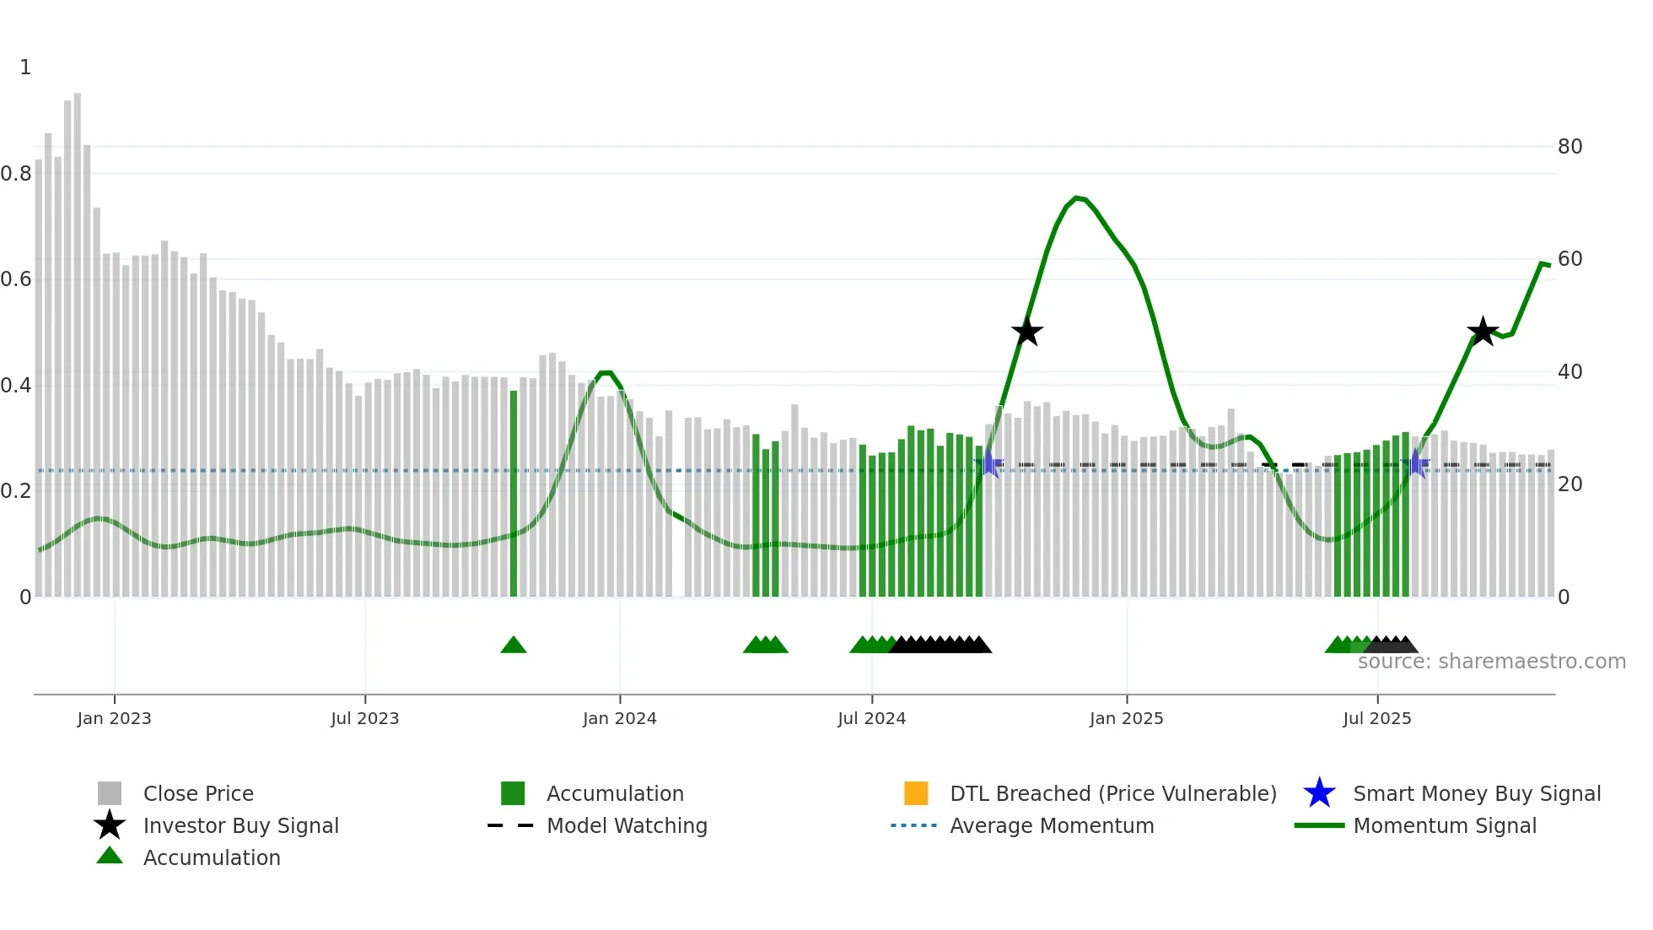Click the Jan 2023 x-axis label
[x=114, y=718]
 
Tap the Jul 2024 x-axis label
[x=871, y=718]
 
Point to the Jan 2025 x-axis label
[x=1126, y=718]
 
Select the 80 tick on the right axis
[x=1570, y=147]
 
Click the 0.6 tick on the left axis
[x=16, y=279]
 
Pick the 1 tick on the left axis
[x=25, y=68]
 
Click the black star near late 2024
[x=1026, y=332]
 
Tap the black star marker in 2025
[x=1482, y=332]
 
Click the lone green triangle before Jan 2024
[x=513, y=646]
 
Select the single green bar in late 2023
[x=514, y=494]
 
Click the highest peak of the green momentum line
[x=1077, y=197]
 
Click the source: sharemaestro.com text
[x=1491, y=662]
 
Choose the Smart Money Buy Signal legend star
[x=1319, y=793]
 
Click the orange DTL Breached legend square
[x=916, y=793]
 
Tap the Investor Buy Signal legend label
[x=240, y=825]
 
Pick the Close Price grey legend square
[x=110, y=793]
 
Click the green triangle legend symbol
[x=110, y=857]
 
